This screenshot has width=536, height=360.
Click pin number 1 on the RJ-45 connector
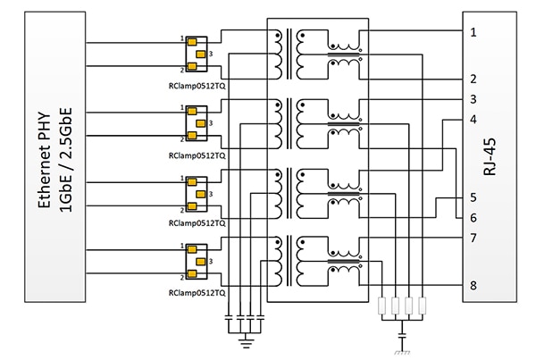point(473,32)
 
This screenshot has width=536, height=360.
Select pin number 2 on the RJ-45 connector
point(473,80)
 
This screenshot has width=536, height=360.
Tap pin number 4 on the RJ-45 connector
point(473,119)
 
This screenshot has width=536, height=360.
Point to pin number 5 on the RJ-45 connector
point(473,197)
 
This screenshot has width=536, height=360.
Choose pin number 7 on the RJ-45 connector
point(473,239)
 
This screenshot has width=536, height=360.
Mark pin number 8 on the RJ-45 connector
point(473,286)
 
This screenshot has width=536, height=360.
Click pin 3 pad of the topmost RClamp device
point(202,54)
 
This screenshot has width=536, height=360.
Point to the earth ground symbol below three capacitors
point(244,339)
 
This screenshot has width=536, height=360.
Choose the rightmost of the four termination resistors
point(419,308)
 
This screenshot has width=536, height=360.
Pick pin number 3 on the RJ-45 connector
point(473,99)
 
